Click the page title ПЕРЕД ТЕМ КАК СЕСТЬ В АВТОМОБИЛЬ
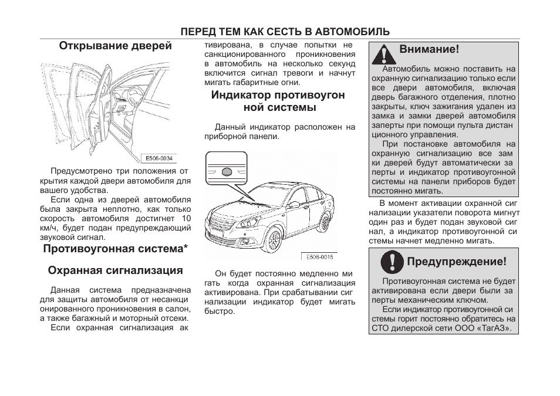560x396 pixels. pyautogui.click(x=285, y=32)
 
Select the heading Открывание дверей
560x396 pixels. pyautogui.click(x=115, y=46)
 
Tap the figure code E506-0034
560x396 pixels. pyautogui.click(x=159, y=158)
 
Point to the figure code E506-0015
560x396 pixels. pyautogui.click(x=319, y=257)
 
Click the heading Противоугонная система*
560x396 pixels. pyautogui.click(x=115, y=249)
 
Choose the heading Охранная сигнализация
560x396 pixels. pyautogui.click(x=115, y=270)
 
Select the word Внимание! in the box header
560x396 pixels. pyautogui.click(x=429, y=50)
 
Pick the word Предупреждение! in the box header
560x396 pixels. pyautogui.click(x=456, y=262)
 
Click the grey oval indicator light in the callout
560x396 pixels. pyautogui.click(x=228, y=172)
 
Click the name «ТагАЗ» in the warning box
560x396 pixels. pyautogui.click(x=497, y=329)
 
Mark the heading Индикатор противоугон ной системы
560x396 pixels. pyautogui.click(x=278, y=101)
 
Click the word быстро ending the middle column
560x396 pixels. pyautogui.click(x=220, y=312)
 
